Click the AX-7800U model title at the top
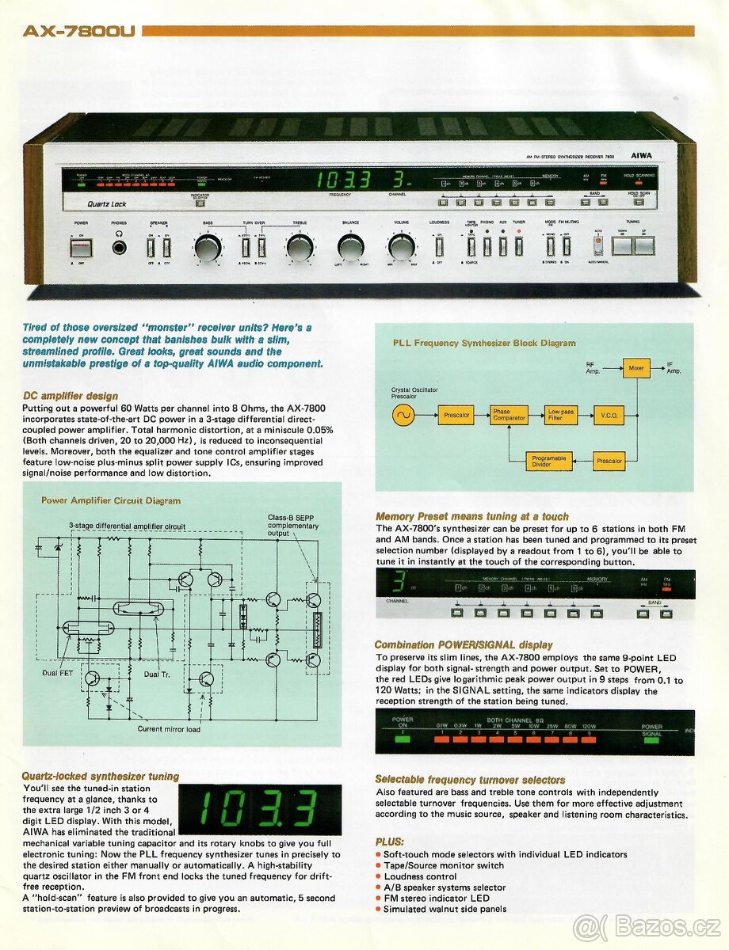point(79,32)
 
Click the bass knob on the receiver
point(208,249)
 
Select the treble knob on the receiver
point(300,249)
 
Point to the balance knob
point(350,249)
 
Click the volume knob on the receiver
point(402,249)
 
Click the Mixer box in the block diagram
point(636,368)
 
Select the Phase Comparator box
point(508,415)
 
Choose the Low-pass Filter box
point(562,415)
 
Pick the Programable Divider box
point(548,461)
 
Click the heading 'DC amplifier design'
point(71,395)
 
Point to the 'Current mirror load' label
point(169,729)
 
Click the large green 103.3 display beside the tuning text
point(260,809)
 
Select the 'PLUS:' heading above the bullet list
point(389,842)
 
